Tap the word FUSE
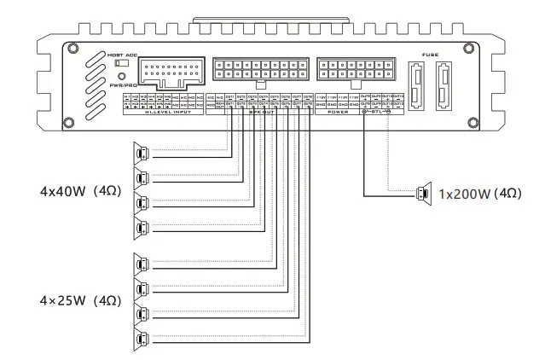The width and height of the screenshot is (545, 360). pyautogui.click(x=431, y=54)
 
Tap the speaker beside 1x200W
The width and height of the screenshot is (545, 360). pyautogui.click(x=422, y=194)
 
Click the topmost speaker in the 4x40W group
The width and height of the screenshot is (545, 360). pyautogui.click(x=141, y=154)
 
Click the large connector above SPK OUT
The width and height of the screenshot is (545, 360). pyautogui.click(x=258, y=70)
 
